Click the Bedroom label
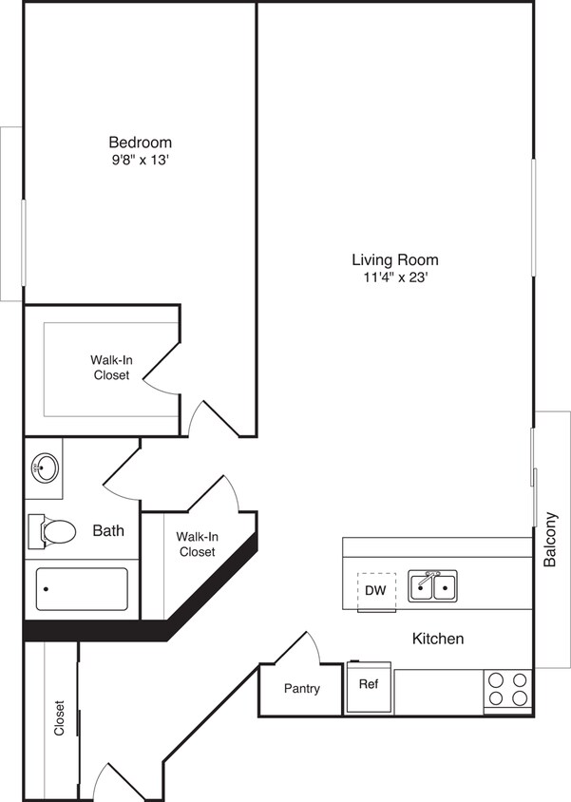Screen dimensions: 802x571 140,143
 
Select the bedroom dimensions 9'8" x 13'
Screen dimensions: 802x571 140,161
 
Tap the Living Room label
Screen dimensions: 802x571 395,259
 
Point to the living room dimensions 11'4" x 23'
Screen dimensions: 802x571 395,277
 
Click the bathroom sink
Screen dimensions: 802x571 44,468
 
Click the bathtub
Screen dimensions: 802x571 82,589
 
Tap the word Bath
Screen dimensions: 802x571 108,531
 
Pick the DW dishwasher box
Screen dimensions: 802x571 375,590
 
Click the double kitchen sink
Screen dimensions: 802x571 432,586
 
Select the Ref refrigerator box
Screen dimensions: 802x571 368,684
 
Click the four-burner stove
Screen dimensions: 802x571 507,689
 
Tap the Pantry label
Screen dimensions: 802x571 301,689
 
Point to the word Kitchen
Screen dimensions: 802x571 437,639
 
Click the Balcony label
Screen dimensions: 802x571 551,540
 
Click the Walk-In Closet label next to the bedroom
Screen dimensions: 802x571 111,367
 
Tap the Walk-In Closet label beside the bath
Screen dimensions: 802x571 197,544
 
